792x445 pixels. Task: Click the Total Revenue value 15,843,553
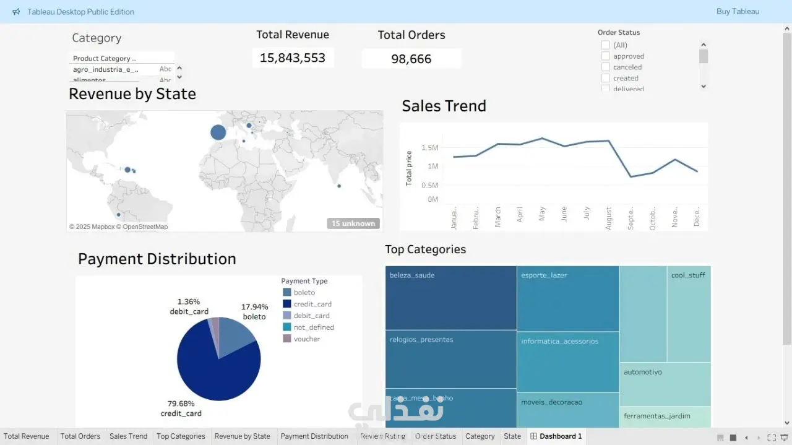(x=293, y=58)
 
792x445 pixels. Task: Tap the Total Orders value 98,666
(x=411, y=59)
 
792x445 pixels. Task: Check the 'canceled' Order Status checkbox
(x=606, y=67)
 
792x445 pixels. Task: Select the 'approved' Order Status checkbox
(x=606, y=56)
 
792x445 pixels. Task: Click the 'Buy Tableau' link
(x=738, y=11)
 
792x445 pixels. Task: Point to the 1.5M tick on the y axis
(x=429, y=147)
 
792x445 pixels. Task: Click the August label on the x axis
(x=608, y=218)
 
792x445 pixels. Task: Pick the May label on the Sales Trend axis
(x=542, y=214)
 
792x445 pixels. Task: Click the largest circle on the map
(x=218, y=132)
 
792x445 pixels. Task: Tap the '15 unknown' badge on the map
(x=353, y=223)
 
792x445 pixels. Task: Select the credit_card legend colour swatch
(x=287, y=304)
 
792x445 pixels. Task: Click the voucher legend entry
(x=307, y=339)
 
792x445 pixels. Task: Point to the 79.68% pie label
(x=181, y=404)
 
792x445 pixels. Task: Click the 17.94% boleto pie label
(x=254, y=311)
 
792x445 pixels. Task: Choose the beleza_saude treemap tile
(x=450, y=298)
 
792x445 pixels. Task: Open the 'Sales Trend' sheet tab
(x=128, y=436)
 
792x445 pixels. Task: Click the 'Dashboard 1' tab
(x=556, y=436)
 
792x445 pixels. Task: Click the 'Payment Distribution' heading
(x=157, y=259)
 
